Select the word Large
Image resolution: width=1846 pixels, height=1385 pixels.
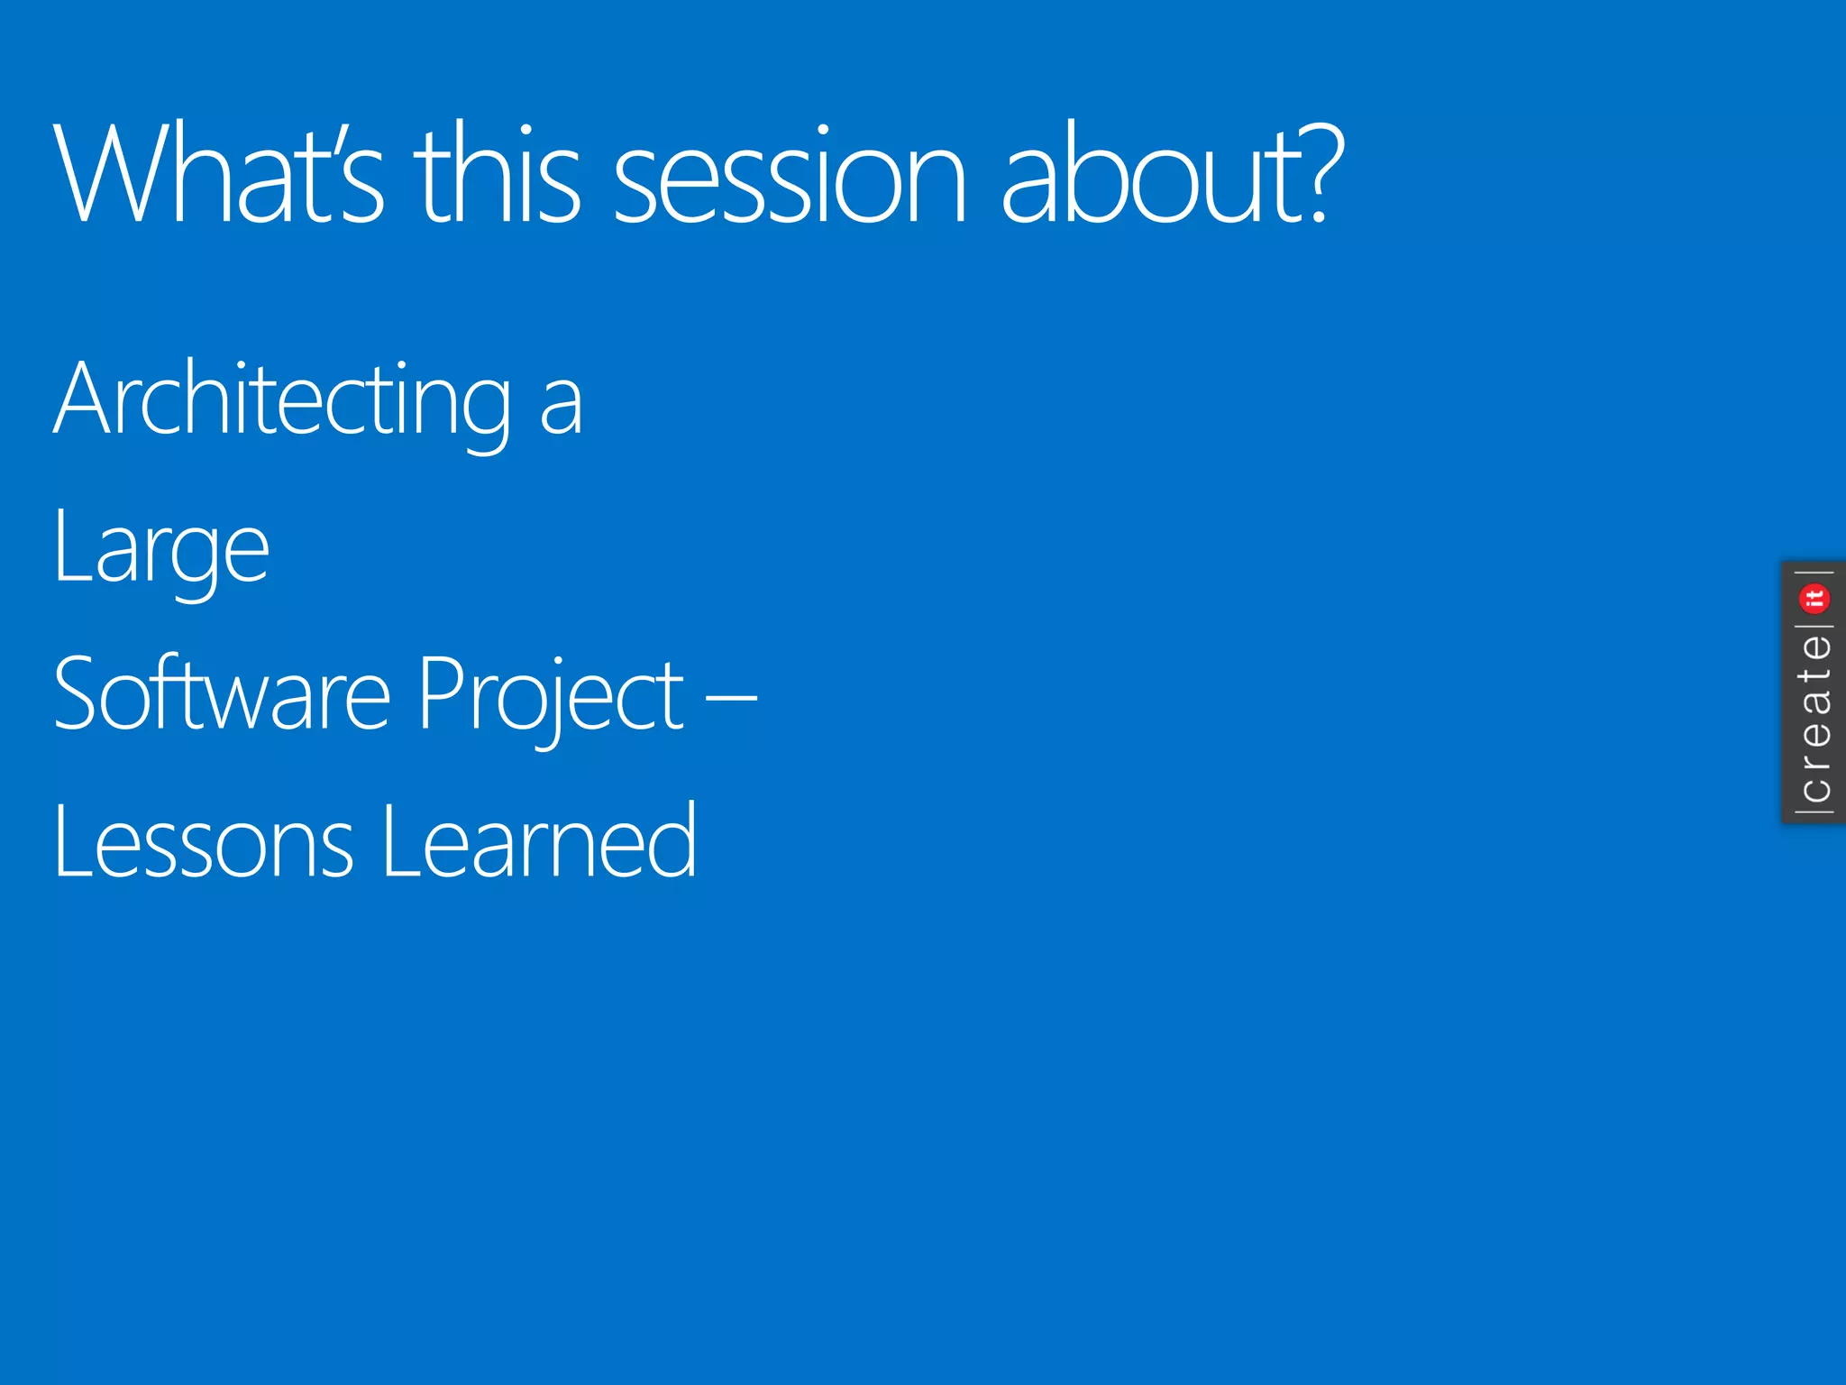point(160,550)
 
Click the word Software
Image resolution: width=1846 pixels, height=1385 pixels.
point(221,694)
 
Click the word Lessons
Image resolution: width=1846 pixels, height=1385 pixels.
point(203,843)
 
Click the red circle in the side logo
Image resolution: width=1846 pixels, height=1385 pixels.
point(1814,597)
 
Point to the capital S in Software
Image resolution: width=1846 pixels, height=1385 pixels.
point(76,694)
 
